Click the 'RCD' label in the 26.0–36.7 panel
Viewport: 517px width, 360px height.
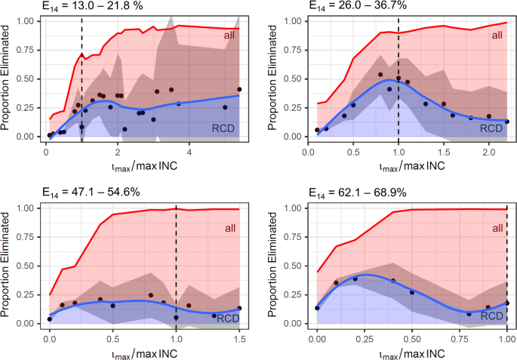click(x=492, y=128)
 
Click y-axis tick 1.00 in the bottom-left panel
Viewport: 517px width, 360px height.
click(x=29, y=208)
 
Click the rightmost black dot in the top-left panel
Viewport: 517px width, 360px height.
click(x=239, y=90)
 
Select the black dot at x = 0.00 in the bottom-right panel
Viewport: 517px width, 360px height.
click(x=317, y=308)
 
